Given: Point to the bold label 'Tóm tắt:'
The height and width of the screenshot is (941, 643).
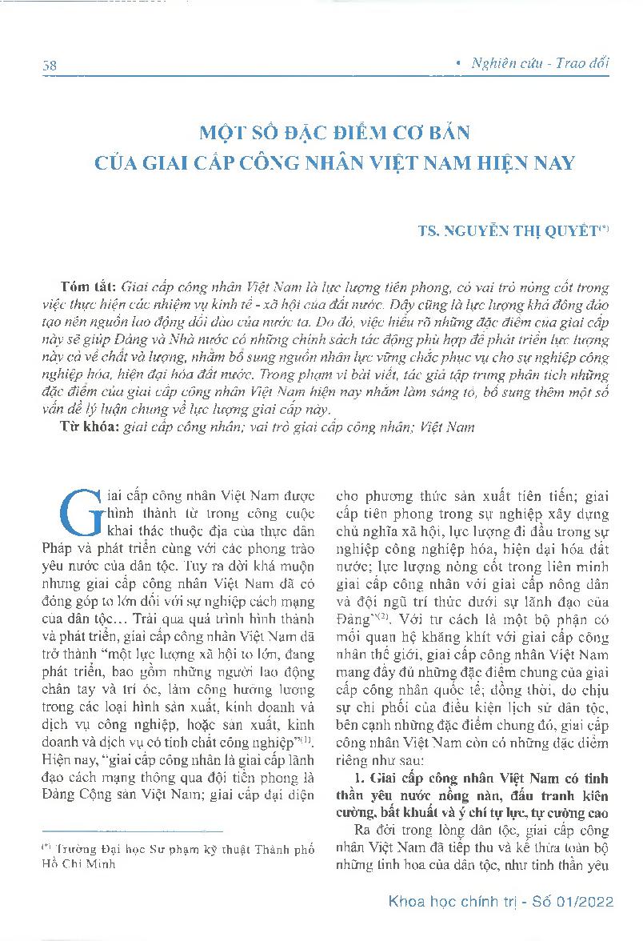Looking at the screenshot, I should (x=87, y=286).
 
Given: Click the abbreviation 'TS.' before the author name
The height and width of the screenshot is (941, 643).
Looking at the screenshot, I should (x=429, y=232).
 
